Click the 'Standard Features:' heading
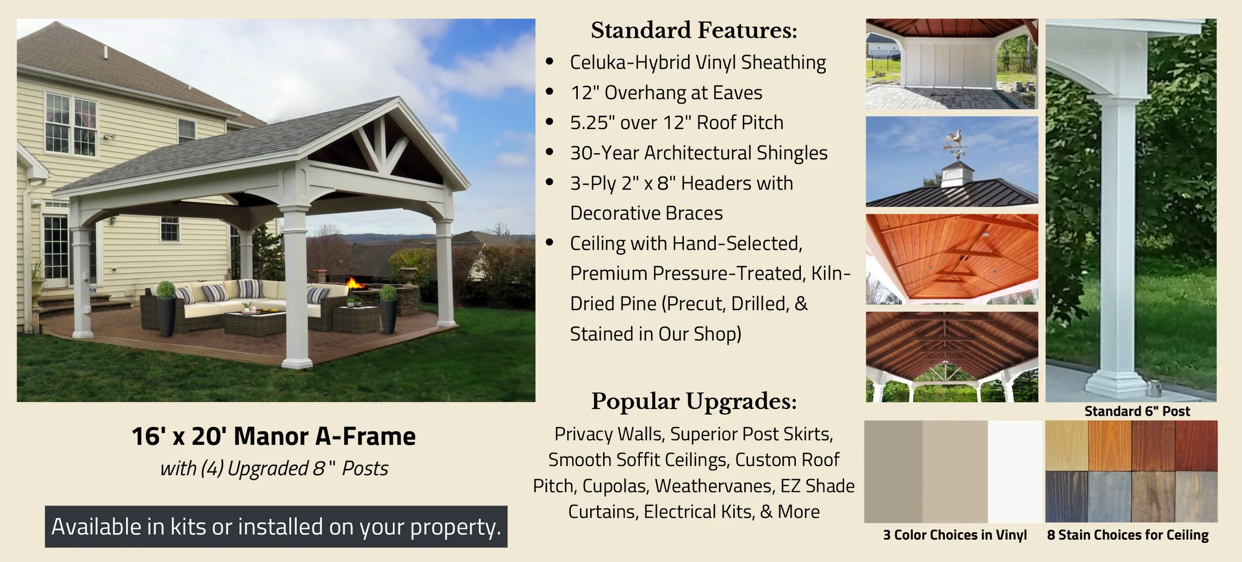pyautogui.click(x=694, y=30)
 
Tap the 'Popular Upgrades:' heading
pyautogui.click(x=694, y=401)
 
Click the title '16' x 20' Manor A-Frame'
pyautogui.click(x=273, y=436)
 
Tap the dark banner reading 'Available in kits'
pyautogui.click(x=276, y=527)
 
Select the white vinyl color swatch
pyautogui.click(x=1014, y=471)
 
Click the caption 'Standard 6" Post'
pyautogui.click(x=1137, y=411)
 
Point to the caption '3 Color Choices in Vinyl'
pyautogui.click(x=954, y=535)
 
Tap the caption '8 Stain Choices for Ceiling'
pyautogui.click(x=1127, y=535)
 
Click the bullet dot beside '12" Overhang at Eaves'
pyautogui.click(x=549, y=92)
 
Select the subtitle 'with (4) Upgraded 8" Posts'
pyautogui.click(x=274, y=468)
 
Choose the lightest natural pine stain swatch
pyautogui.click(x=1066, y=445)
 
